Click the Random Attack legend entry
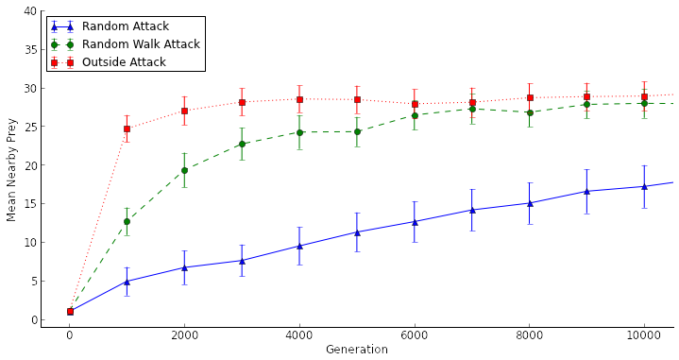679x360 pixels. [x=125, y=26]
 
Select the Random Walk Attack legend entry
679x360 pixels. [x=140, y=44]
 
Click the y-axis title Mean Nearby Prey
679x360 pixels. [x=12, y=169]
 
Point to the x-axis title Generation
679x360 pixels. [x=356, y=350]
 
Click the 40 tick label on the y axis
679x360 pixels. [x=31, y=11]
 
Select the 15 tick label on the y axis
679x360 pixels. [x=31, y=204]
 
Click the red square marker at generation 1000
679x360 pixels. [x=127, y=129]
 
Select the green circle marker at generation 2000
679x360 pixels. [x=184, y=170]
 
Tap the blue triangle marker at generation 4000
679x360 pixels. [x=299, y=246]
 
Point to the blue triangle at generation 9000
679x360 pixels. [x=586, y=191]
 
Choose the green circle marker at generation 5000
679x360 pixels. [x=357, y=131]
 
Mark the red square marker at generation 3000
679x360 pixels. [x=242, y=102]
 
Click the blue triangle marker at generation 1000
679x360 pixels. [x=127, y=282]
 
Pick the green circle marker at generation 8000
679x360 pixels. [x=529, y=112]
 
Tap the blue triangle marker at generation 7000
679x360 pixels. [x=471, y=210]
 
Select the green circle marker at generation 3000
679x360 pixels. [x=242, y=144]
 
